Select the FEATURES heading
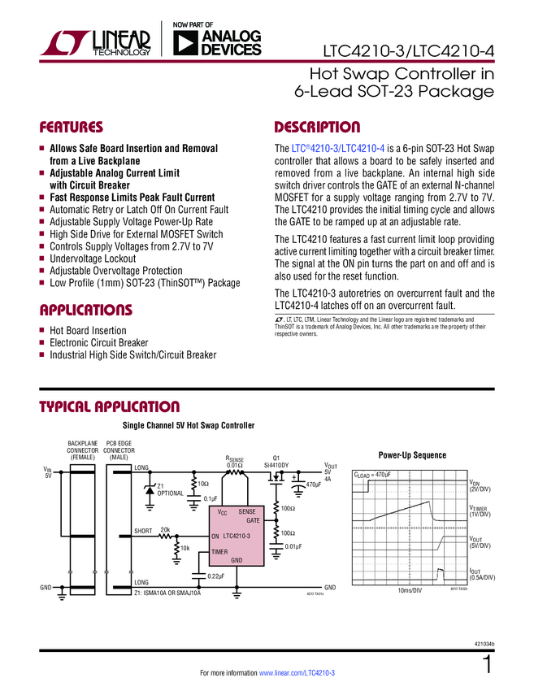coord(72,128)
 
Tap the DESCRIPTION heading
coord(317,128)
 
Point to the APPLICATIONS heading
coord(85,310)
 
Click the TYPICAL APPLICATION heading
coord(110,406)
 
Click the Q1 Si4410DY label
coord(277,461)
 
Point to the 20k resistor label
coord(165,529)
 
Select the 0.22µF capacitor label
coord(215,576)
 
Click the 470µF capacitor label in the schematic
coord(314,485)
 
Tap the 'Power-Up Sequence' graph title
coord(413,454)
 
